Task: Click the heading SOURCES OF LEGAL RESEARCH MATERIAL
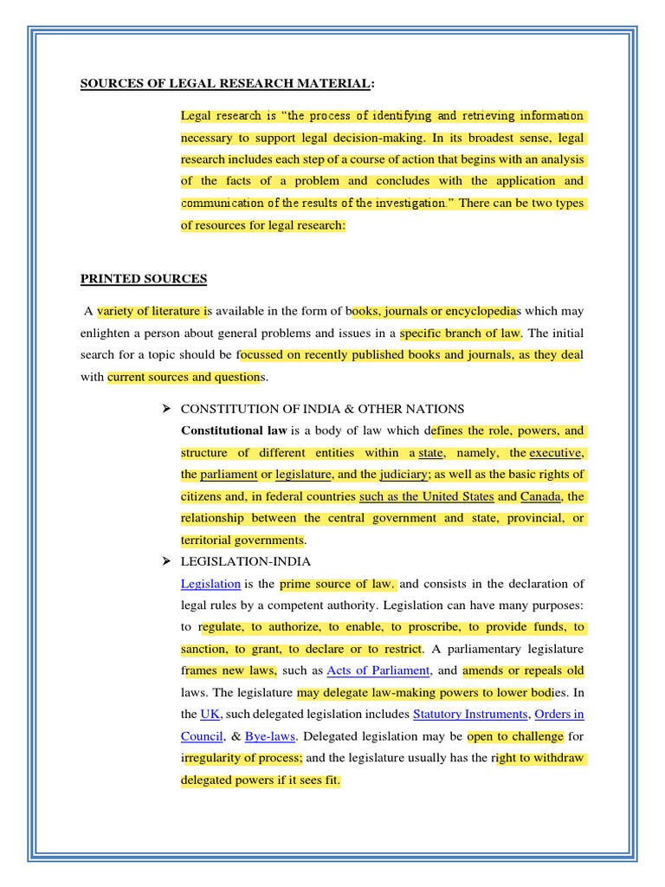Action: tap(228, 84)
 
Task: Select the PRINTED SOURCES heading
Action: tap(144, 279)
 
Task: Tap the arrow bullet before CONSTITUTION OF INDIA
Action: tap(168, 409)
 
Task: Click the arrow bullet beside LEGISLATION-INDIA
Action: tap(168, 562)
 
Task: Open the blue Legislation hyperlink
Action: tap(210, 584)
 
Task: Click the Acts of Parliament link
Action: tap(378, 670)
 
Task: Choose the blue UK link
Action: tap(210, 715)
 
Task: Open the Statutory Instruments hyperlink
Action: tap(470, 715)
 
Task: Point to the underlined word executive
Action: tap(556, 452)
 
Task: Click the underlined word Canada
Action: tap(541, 496)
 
